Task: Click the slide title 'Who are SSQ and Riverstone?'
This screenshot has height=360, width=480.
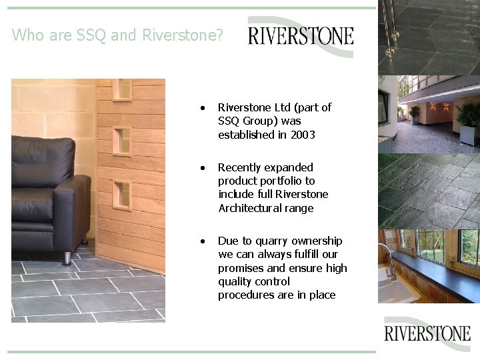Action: pos(117,35)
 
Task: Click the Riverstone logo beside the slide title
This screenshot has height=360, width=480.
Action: pos(301,35)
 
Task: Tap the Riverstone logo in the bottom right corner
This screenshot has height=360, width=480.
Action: pos(427,333)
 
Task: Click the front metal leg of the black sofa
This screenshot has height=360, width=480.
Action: pos(67,257)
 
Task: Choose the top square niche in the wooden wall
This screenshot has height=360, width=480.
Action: pos(122,89)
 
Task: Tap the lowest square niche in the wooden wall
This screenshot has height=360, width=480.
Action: pos(122,193)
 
